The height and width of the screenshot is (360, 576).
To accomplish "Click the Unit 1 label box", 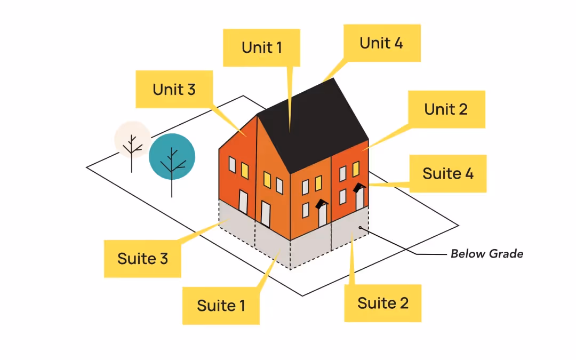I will [x=261, y=47].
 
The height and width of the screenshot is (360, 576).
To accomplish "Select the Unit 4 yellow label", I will [x=381, y=43].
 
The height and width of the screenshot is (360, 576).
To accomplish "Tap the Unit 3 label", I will [x=174, y=89].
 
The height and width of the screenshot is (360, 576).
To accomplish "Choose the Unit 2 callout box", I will [x=446, y=109].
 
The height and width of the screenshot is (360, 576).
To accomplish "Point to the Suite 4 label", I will [x=448, y=174].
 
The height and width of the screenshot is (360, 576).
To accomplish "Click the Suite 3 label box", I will [x=142, y=259].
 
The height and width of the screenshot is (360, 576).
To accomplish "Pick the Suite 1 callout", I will [x=221, y=306].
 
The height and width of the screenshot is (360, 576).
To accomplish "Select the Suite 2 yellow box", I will [x=382, y=303].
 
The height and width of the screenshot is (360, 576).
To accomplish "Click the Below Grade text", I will [x=487, y=254].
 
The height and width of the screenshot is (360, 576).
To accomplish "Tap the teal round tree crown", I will [x=172, y=156].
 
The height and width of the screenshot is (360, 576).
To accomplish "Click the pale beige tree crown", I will [x=132, y=140].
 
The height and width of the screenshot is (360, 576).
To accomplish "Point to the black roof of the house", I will [x=312, y=128].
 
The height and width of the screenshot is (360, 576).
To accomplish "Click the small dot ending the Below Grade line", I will [x=361, y=228].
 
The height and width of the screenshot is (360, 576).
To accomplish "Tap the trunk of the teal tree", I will [x=172, y=184].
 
